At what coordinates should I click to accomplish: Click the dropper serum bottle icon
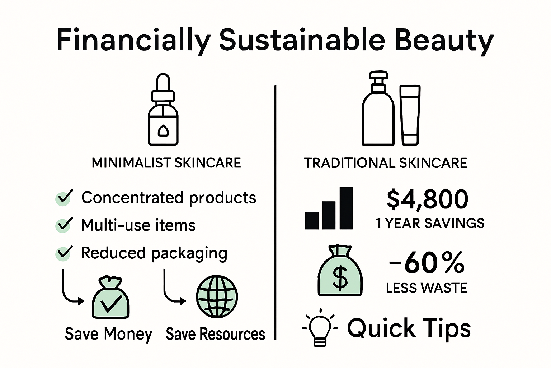(x=163, y=109)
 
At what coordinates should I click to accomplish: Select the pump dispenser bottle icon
(x=378, y=108)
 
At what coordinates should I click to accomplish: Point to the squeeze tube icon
(x=410, y=115)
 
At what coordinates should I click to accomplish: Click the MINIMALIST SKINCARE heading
(x=166, y=163)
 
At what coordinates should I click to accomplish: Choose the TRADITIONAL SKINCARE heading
(x=386, y=163)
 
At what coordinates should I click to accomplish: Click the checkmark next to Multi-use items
(x=64, y=225)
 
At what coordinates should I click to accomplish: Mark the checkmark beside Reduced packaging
(x=64, y=253)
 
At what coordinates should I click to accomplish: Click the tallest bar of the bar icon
(x=346, y=208)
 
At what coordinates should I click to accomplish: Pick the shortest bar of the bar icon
(x=312, y=220)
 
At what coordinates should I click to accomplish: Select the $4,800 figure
(x=427, y=199)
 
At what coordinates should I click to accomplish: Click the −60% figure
(x=427, y=263)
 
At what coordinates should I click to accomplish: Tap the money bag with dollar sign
(x=340, y=271)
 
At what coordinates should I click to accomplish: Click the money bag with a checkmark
(x=111, y=298)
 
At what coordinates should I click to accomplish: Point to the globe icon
(x=217, y=296)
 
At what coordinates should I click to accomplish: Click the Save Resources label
(x=216, y=334)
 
